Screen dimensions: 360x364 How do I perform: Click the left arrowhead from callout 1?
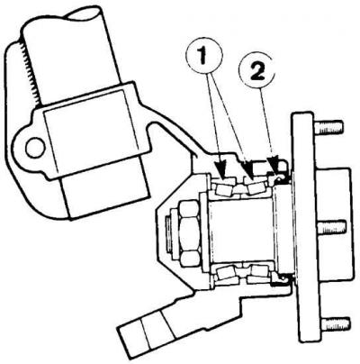click(220, 172)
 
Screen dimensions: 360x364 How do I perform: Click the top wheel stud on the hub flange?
click(328, 127)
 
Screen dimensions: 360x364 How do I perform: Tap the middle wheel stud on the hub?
click(331, 228)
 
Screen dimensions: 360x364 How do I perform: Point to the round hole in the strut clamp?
click(34, 148)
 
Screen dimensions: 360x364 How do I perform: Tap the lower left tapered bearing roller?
click(226, 273)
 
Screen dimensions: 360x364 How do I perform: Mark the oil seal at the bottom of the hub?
click(281, 280)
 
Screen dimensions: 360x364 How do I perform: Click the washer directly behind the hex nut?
click(203, 232)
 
